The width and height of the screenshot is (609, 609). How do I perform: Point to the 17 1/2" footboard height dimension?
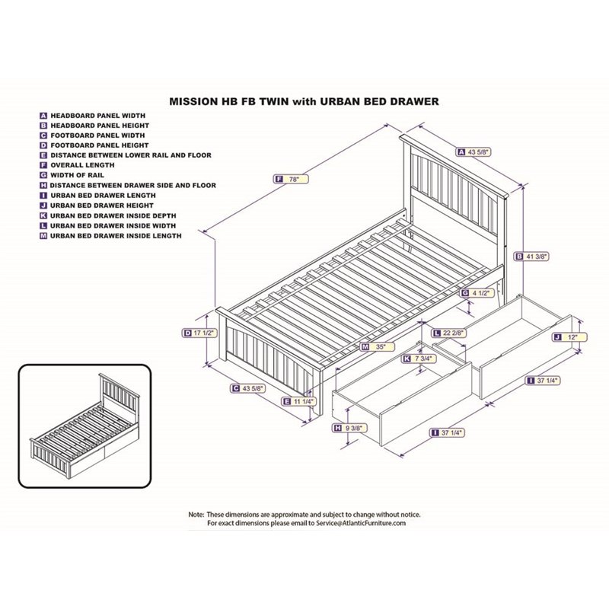click(197, 333)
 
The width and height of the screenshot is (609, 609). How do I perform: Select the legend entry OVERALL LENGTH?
click(82, 165)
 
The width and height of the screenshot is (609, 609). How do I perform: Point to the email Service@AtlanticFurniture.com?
click(349, 523)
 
